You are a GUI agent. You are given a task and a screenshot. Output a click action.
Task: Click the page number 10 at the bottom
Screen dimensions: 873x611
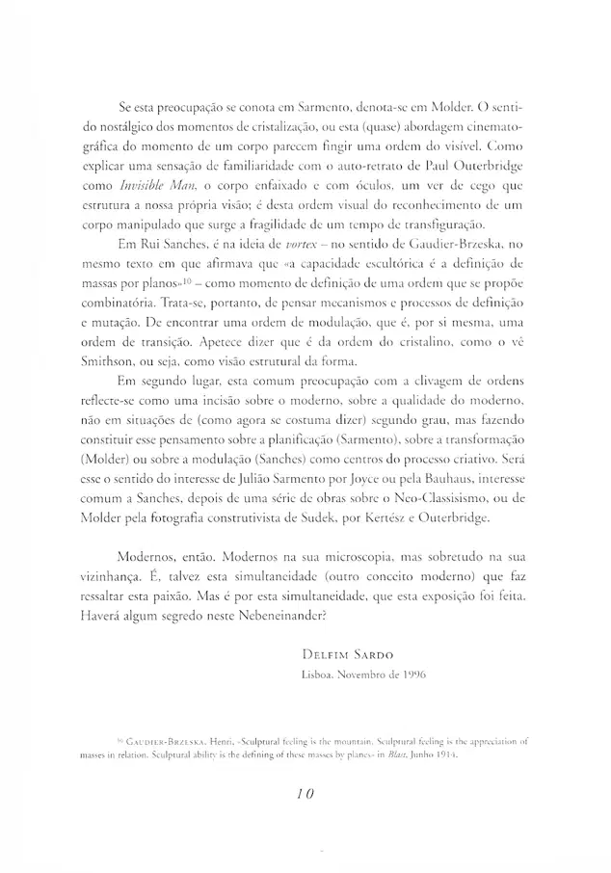(305, 796)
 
